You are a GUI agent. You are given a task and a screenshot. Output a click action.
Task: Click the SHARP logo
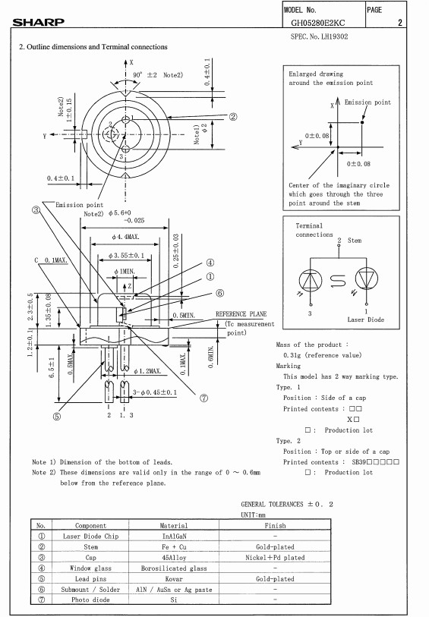[38, 22]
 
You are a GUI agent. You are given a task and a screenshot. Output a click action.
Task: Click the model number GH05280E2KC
[317, 23]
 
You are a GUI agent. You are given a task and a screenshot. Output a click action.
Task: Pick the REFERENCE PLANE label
[241, 314]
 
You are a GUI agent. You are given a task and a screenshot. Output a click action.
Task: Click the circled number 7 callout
[203, 398]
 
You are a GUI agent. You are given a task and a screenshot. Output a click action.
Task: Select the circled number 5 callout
[57, 417]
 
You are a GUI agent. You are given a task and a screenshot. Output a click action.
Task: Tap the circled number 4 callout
[210, 263]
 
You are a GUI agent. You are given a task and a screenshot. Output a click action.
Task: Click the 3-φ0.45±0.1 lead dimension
[155, 392]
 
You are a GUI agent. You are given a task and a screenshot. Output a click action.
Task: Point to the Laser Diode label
[366, 320]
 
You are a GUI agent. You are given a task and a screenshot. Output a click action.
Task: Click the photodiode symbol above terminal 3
[311, 280]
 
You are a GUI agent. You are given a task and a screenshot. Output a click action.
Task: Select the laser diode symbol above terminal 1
[367, 279]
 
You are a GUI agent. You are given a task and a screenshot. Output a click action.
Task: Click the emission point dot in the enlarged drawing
[362, 122]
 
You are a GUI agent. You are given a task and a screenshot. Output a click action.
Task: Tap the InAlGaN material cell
[175, 536]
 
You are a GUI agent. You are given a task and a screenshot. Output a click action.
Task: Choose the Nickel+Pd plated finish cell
[275, 558]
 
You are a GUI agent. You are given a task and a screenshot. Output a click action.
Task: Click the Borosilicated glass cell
[174, 568]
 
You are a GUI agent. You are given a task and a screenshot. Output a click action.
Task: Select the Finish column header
[275, 525]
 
